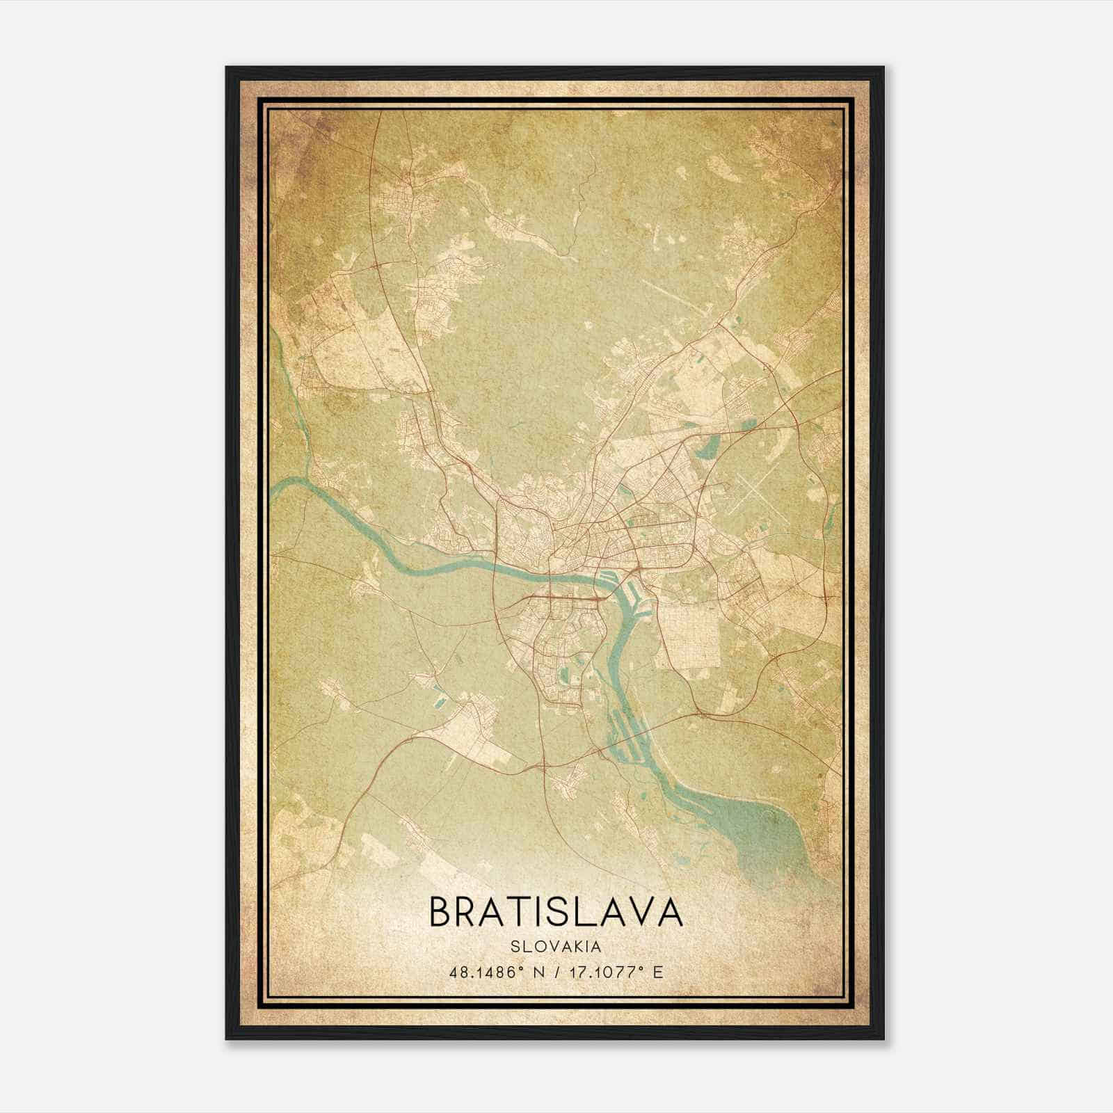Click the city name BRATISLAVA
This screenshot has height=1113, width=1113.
click(556, 912)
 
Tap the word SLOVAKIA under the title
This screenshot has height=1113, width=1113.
click(556, 946)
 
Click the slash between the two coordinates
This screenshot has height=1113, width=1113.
click(556, 972)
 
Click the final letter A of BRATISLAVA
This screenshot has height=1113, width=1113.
click(668, 912)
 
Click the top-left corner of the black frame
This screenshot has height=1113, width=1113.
click(227, 68)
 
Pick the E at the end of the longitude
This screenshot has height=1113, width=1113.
click(658, 972)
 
